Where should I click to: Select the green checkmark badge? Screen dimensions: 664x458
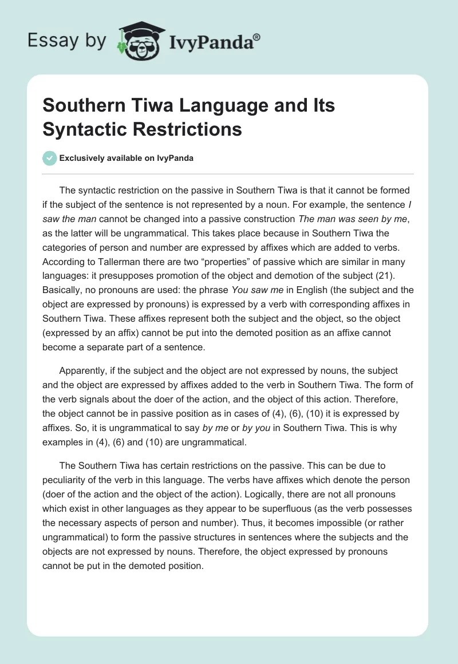click(49, 158)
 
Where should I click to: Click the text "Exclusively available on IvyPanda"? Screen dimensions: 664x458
click(126, 158)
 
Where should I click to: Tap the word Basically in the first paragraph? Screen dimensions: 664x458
click(65, 291)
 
